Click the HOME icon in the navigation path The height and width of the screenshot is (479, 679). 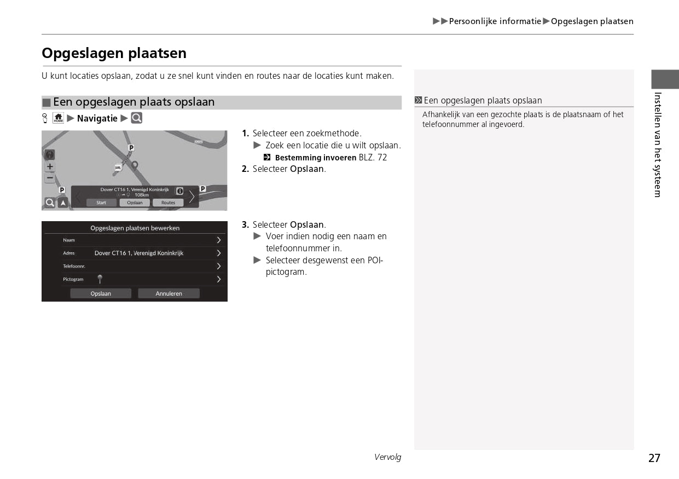coord(59,118)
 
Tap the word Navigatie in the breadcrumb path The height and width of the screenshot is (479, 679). coord(97,118)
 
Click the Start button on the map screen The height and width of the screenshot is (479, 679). coord(101,203)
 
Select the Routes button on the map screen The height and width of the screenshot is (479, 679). coord(168,203)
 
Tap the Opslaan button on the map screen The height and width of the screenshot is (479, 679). coord(135,203)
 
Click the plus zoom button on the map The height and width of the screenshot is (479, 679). coord(50,166)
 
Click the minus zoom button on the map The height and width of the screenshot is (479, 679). coord(50,177)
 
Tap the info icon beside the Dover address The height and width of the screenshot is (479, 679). coord(179,191)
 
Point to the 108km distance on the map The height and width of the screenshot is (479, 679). coord(141,195)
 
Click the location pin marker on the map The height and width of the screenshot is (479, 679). coord(135,165)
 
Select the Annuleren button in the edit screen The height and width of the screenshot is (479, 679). coord(169,293)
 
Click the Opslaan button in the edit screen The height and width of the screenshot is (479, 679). coord(101,293)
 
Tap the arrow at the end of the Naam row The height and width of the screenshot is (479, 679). coord(218,240)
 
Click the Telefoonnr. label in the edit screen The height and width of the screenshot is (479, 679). coord(74,266)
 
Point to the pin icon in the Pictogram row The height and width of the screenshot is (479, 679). coord(100,279)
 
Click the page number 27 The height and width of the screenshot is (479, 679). coord(654,458)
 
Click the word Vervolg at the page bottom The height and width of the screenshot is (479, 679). coord(387,457)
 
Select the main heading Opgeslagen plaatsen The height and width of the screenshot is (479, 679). coord(114,53)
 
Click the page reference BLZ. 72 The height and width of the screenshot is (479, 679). coord(373,158)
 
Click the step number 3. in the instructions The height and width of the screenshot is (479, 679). coord(245,225)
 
